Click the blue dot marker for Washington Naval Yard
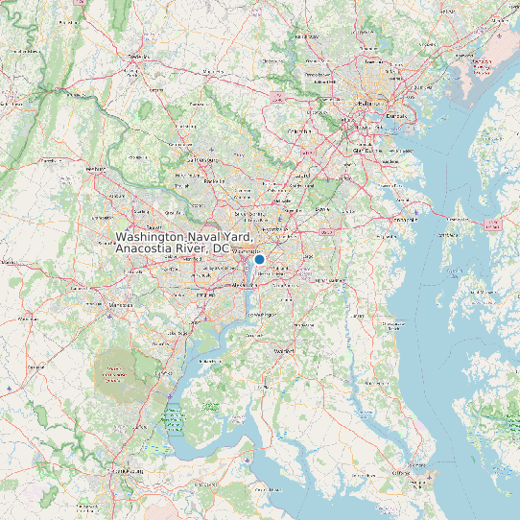click(x=259, y=259)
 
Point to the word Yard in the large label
click(x=235, y=236)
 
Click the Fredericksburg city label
click(x=122, y=472)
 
